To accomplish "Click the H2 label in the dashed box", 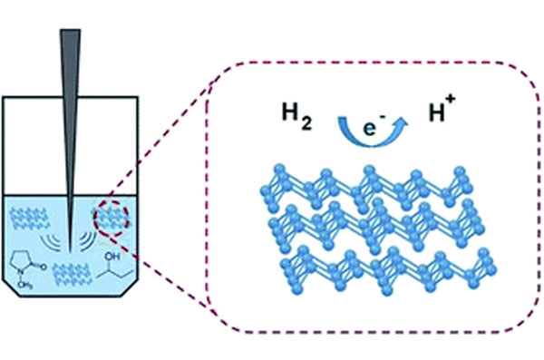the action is (296, 116).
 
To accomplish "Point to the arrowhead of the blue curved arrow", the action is (402, 123).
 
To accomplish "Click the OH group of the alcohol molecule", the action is (112, 257).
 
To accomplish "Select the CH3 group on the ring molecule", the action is (25, 285).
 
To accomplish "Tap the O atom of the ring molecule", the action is (43, 267).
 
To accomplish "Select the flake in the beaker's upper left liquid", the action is (29, 218).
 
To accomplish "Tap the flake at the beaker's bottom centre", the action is (72, 275).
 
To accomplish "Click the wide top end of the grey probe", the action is (71, 31).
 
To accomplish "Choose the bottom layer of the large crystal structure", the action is (389, 269).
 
